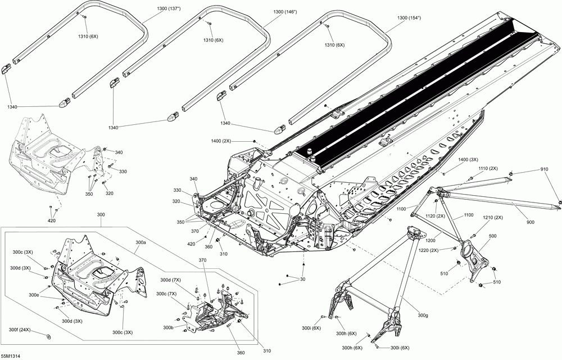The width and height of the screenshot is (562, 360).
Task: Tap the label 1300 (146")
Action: pos(285,12)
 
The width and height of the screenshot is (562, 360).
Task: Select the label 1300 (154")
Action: pos(409,17)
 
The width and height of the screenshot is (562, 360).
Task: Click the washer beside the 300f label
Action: pos(49,336)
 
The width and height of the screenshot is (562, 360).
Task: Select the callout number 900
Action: pos(530,222)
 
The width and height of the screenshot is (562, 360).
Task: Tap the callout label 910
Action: pos(545,169)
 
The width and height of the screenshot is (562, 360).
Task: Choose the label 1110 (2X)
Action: pos(488,169)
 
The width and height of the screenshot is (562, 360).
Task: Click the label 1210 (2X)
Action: pos(493,218)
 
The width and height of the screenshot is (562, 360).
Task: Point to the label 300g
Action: pos(423,315)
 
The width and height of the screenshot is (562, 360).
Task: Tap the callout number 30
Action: pos(303,279)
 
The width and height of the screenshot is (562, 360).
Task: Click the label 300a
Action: pos(141,243)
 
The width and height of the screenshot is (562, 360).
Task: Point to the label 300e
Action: pos(34,295)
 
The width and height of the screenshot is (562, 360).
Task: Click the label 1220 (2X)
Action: pos(428,250)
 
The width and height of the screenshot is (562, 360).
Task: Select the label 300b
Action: pos(169,327)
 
